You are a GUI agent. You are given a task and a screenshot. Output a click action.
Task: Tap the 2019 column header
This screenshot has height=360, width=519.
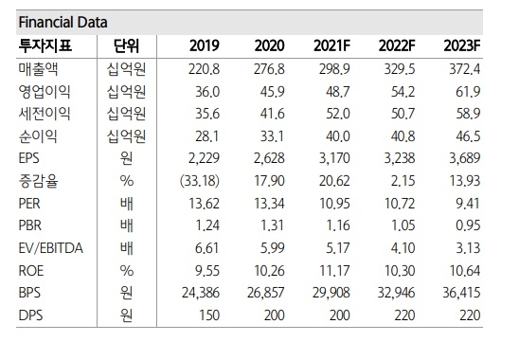point(203,45)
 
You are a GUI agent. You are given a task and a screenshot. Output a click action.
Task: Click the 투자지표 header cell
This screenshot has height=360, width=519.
point(45,45)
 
